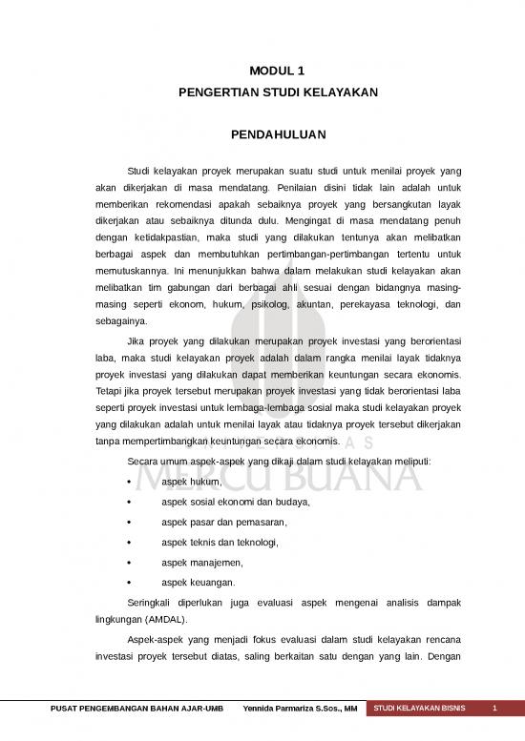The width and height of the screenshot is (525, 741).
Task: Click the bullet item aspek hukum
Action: [x=185, y=482]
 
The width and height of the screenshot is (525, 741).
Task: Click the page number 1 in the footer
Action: [x=494, y=709]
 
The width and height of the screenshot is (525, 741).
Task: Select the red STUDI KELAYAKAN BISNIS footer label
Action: [x=420, y=709]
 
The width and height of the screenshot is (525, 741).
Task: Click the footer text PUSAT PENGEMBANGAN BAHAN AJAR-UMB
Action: [x=136, y=709]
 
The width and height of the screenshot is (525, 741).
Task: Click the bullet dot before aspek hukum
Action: [x=129, y=482]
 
